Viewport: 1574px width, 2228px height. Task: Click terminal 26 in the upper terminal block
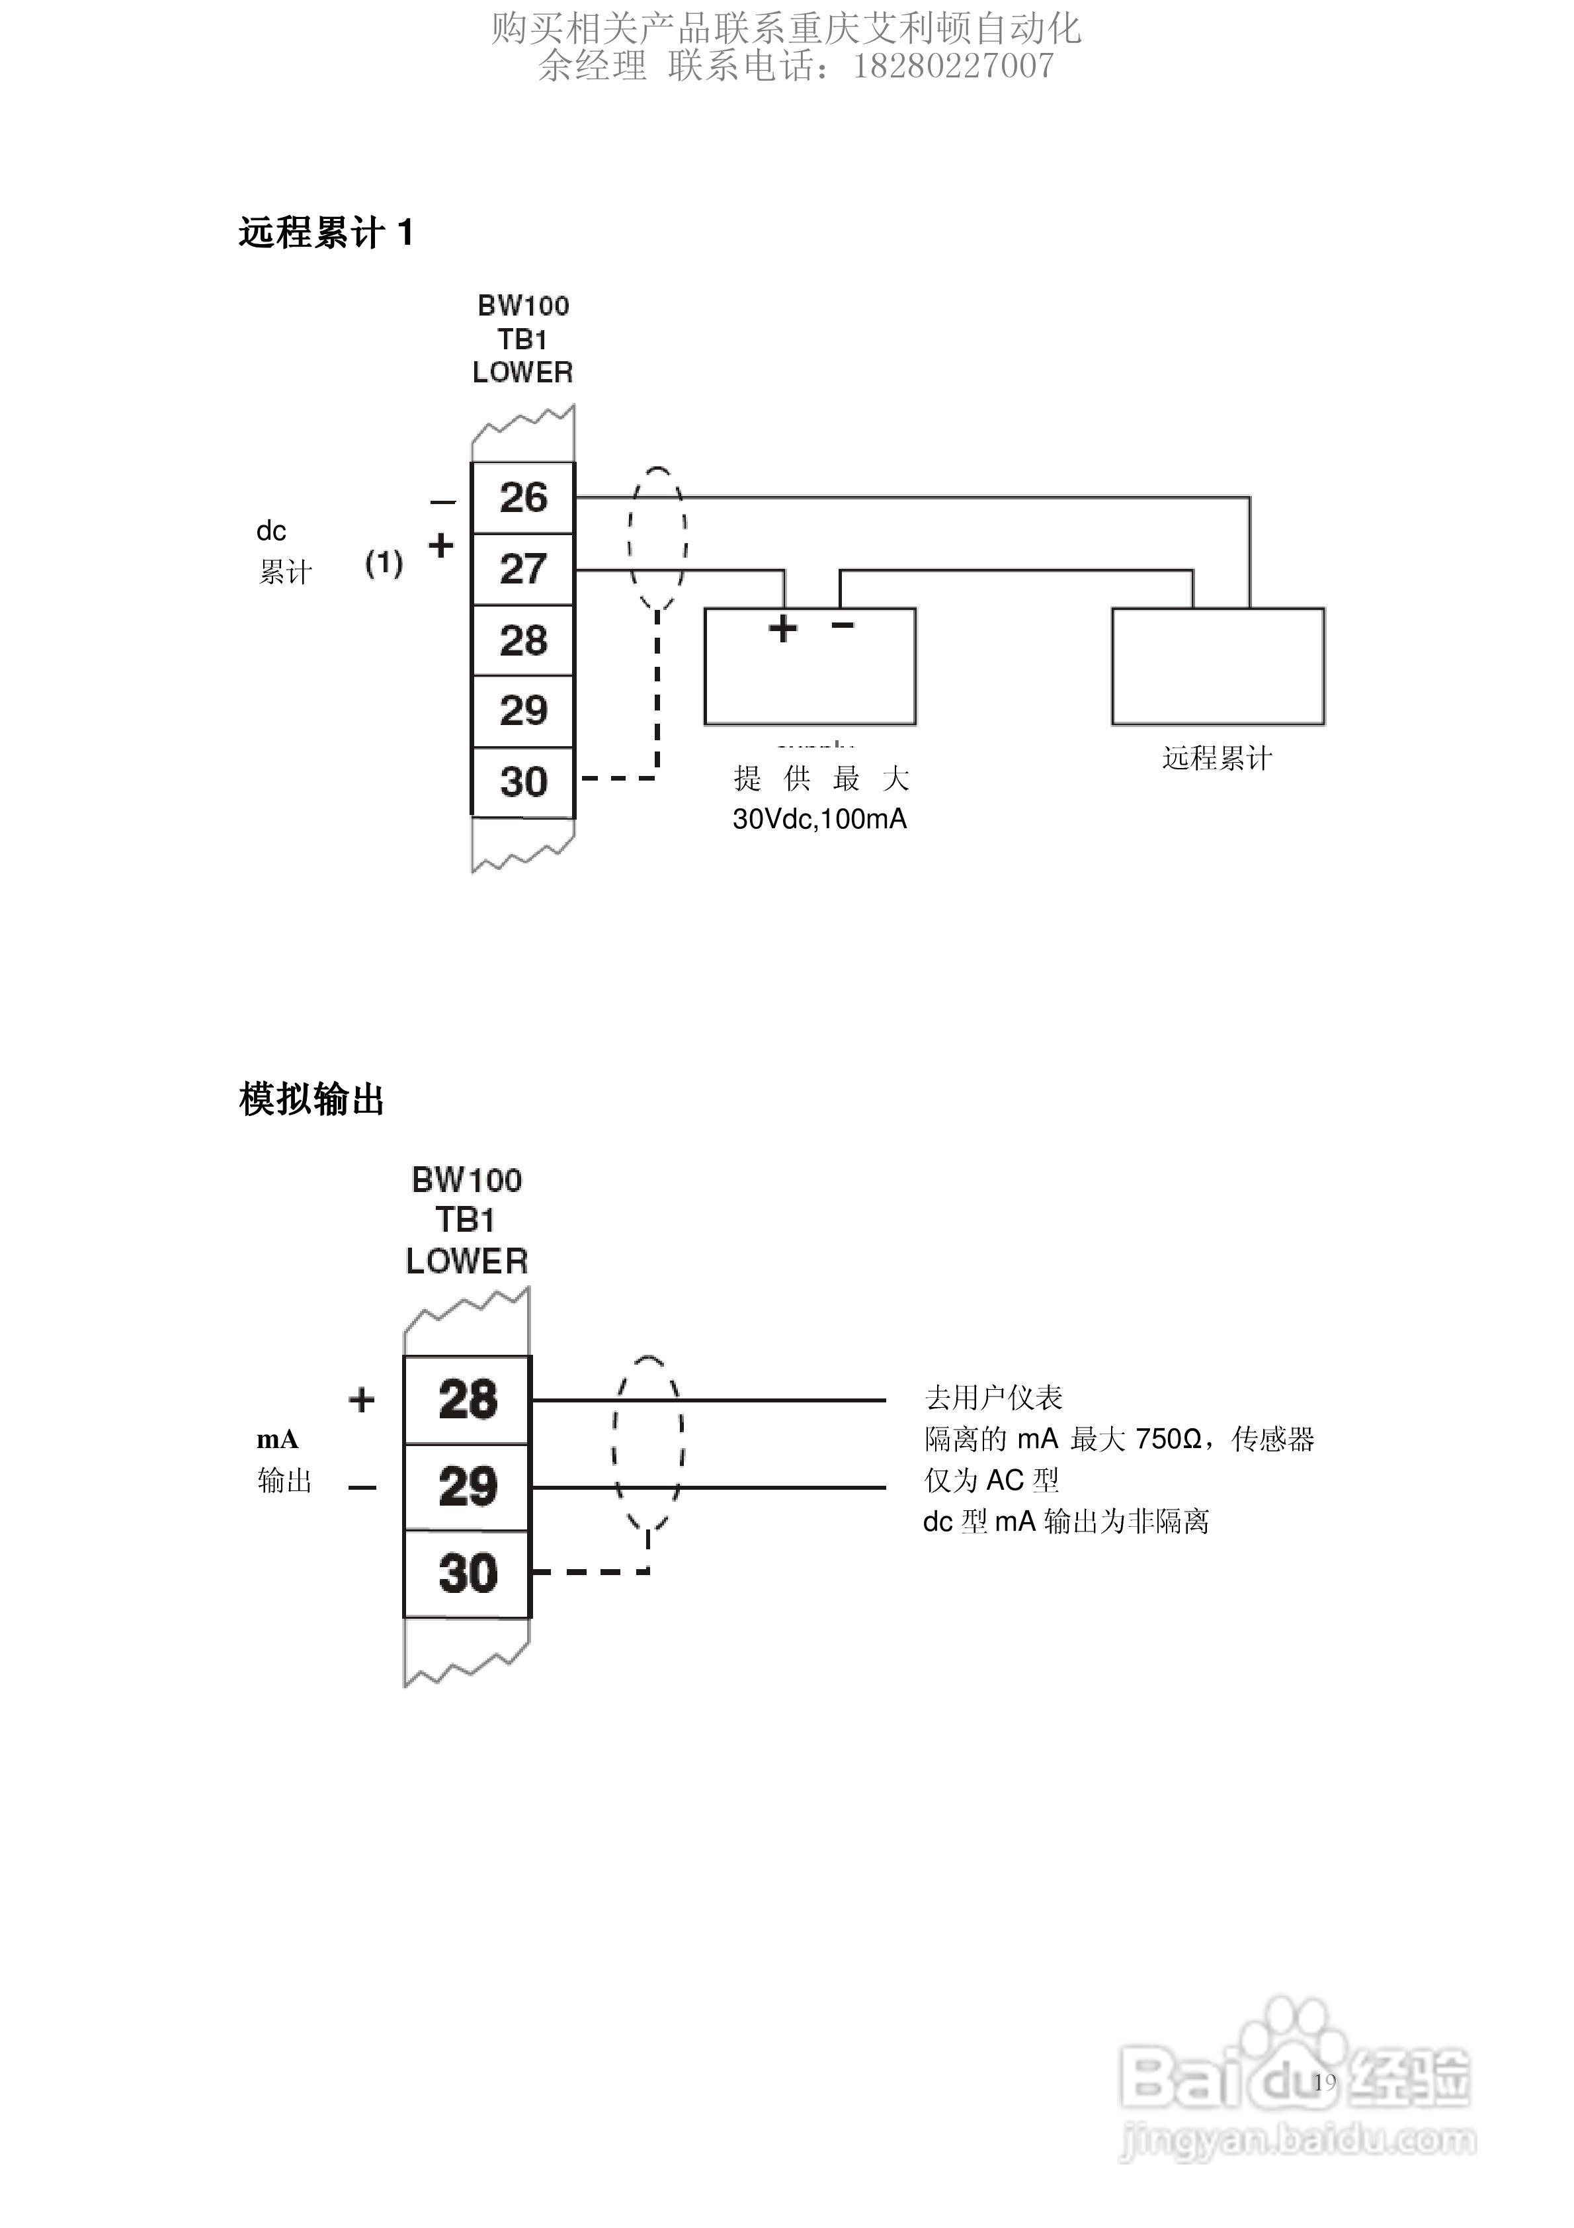(523, 498)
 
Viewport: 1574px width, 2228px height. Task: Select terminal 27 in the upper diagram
(523, 569)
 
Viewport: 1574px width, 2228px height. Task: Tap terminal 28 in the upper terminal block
(523, 640)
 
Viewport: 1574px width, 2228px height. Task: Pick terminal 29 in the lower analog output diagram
(468, 1486)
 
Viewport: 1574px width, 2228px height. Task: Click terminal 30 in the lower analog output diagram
(468, 1573)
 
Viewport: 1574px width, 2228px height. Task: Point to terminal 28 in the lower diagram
(468, 1399)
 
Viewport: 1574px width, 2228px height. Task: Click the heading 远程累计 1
(326, 233)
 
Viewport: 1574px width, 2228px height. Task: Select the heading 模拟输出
(311, 1099)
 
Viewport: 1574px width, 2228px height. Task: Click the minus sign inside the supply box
(843, 625)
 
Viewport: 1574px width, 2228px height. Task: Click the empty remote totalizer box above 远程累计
(1218, 667)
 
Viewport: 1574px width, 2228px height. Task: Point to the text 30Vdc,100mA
(819, 819)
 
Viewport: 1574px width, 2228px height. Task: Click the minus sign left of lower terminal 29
(362, 1488)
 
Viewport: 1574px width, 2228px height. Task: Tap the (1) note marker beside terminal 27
(384, 563)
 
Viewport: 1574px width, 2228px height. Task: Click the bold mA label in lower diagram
(278, 1439)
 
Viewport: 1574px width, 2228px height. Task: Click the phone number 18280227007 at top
(953, 66)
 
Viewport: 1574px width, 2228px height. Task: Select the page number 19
(1325, 2080)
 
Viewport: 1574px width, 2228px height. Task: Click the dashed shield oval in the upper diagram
(659, 538)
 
